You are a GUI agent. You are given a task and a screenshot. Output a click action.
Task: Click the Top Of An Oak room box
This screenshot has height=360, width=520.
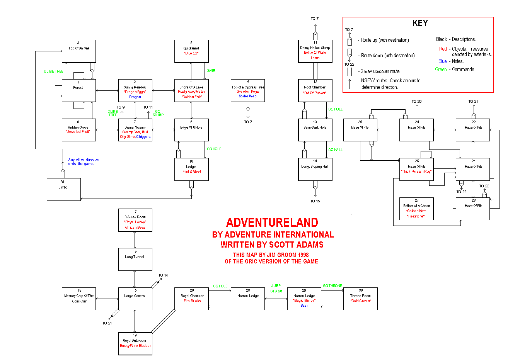[79, 51]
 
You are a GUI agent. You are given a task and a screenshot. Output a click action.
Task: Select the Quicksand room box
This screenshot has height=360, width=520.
[191, 51]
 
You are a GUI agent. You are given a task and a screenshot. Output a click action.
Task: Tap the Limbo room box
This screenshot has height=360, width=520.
[64, 189]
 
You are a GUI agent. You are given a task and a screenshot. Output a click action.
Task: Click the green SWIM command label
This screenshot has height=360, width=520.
[211, 71]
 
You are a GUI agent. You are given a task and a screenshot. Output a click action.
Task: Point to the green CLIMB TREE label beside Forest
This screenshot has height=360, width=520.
[53, 71]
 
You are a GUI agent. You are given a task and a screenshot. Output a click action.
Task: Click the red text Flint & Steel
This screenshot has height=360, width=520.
[192, 172]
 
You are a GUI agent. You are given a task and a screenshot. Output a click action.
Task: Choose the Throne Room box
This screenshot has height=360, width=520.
[360, 299]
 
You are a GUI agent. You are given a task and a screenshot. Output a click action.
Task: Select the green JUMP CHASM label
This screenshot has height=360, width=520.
[276, 289]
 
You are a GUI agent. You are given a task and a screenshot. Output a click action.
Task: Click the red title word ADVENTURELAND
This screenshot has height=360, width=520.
[272, 222]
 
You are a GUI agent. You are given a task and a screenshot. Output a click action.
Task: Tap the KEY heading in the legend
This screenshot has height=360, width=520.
[420, 23]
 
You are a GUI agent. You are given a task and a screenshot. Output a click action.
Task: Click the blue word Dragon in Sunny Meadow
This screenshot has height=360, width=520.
[135, 97]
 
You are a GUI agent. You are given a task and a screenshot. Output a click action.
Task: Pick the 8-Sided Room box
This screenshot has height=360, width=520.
[135, 220]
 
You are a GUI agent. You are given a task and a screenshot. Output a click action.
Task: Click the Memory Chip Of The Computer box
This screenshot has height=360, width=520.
[79, 299]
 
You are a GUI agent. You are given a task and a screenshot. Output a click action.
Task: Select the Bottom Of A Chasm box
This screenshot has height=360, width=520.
[416, 209]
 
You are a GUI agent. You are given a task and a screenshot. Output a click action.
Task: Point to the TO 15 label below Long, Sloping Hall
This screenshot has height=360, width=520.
[315, 201]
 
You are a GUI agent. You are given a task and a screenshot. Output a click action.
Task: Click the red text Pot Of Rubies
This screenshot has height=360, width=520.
[315, 93]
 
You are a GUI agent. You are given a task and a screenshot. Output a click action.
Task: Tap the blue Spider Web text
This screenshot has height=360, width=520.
[247, 96]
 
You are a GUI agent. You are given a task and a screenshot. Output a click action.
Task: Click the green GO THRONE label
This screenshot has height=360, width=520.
[332, 286]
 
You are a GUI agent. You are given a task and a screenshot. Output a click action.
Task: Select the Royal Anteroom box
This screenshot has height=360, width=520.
[135, 344]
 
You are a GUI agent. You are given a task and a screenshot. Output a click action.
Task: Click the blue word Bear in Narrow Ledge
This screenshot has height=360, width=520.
[304, 306]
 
